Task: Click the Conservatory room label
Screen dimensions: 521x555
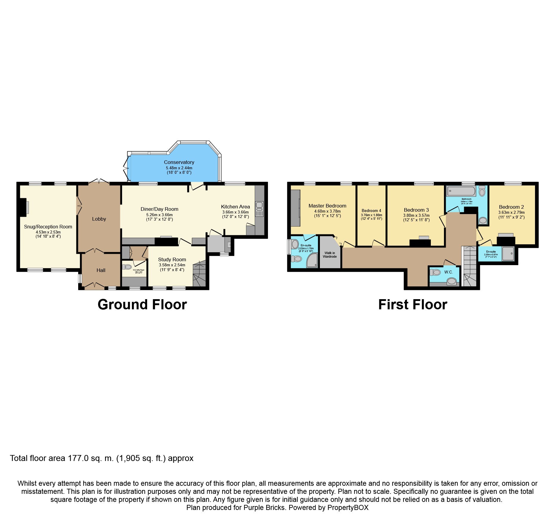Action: click(x=179, y=162)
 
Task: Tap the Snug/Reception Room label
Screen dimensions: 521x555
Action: click(x=48, y=227)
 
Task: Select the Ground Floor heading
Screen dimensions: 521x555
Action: click(x=142, y=305)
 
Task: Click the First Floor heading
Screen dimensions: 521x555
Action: click(x=412, y=305)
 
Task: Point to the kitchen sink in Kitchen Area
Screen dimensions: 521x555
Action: click(x=259, y=205)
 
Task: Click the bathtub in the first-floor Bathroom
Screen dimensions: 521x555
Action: click(x=461, y=191)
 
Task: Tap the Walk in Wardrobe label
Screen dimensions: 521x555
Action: click(x=329, y=255)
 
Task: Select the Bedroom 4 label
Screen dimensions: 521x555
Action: click(x=371, y=210)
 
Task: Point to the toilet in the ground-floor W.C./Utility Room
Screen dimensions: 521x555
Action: click(x=127, y=267)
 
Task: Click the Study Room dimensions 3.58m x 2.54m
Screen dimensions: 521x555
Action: click(x=172, y=265)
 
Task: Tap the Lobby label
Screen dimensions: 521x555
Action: click(x=99, y=219)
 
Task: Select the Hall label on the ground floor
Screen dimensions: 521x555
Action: click(x=101, y=270)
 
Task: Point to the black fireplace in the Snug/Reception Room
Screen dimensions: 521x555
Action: click(x=23, y=208)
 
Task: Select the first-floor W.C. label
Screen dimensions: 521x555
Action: click(x=448, y=272)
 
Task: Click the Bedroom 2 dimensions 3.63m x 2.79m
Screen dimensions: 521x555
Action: click(x=511, y=212)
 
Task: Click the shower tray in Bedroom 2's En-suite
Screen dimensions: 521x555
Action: click(x=508, y=253)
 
